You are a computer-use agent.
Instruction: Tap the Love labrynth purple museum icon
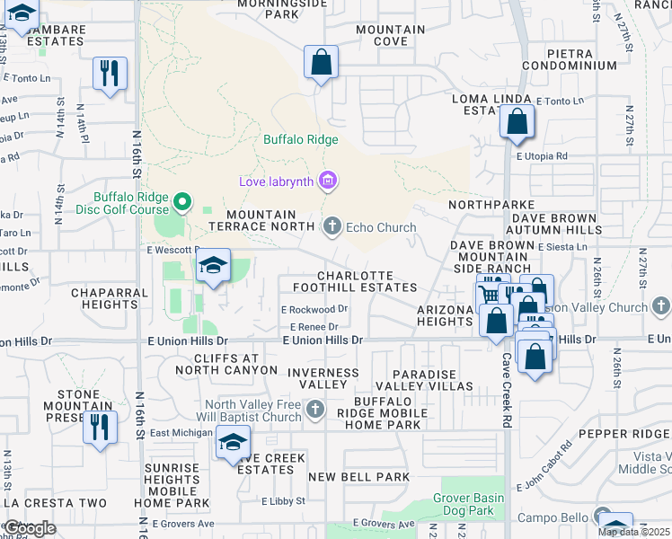327,182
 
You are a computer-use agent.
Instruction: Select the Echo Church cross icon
333,226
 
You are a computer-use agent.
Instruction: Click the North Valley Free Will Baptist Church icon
314,411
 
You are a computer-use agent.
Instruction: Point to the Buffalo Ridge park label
300,139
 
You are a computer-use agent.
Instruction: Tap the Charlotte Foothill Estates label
367,281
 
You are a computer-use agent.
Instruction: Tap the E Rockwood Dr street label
314,309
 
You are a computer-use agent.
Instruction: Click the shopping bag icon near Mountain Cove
320,63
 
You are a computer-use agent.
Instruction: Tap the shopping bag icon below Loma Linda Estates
517,122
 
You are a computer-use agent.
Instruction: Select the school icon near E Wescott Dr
213,267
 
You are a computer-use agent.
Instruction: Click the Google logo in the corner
31,528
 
